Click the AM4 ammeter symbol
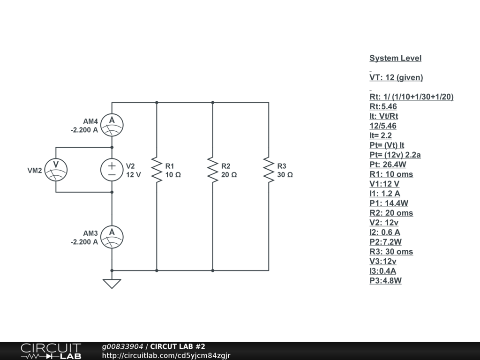pyautogui.click(x=112, y=125)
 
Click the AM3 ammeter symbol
pyautogui.click(x=112, y=237)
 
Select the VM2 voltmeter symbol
pyautogui.click(x=56, y=169)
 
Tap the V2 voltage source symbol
pyautogui.click(x=112, y=170)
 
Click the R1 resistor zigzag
pyautogui.click(x=156, y=170)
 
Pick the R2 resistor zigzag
pyautogui.click(x=212, y=170)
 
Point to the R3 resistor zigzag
pyautogui.click(x=269, y=170)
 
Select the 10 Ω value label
pyautogui.click(x=173, y=175)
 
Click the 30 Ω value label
pyautogui.click(x=285, y=175)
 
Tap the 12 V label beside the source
pyautogui.click(x=133, y=175)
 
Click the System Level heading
pyautogui.click(x=395, y=58)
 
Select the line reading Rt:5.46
pyautogui.click(x=383, y=106)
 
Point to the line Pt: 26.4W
pyautogui.click(x=388, y=165)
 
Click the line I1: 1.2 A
pyautogui.click(x=385, y=194)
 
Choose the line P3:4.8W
pyautogui.click(x=385, y=281)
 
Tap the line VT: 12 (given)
pyautogui.click(x=396, y=77)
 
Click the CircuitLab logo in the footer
pyautogui.click(x=50, y=351)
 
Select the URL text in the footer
pyautogui.click(x=166, y=356)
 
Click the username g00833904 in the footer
pyautogui.click(x=123, y=346)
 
